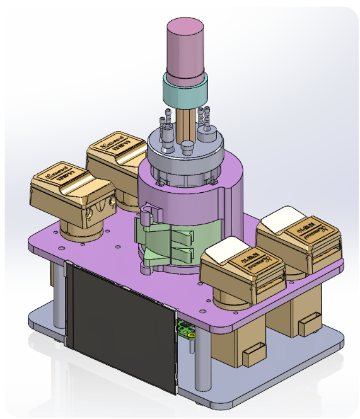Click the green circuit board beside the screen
187,329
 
